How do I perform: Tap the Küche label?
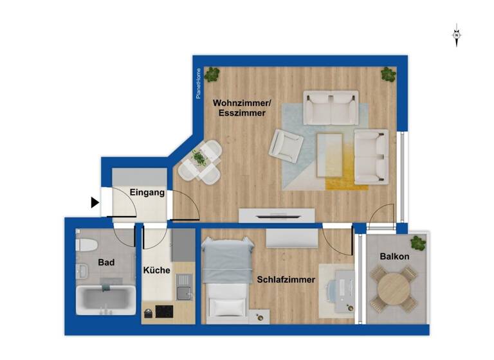tap(157, 270)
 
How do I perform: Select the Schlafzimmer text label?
tap(286, 280)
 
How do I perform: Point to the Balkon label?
tap(394, 256)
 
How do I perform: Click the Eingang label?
tap(147, 192)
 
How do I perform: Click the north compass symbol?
tap(456, 35)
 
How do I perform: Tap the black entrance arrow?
tap(95, 203)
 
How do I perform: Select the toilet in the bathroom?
tap(86, 245)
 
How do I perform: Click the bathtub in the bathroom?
tap(106, 300)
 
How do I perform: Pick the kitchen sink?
tap(185, 285)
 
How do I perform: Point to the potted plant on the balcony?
tap(418, 243)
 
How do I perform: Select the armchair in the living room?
tap(286, 145)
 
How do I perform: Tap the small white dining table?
tap(199, 161)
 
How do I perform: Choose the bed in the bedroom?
tap(226, 276)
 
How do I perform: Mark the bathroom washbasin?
tap(82, 271)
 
